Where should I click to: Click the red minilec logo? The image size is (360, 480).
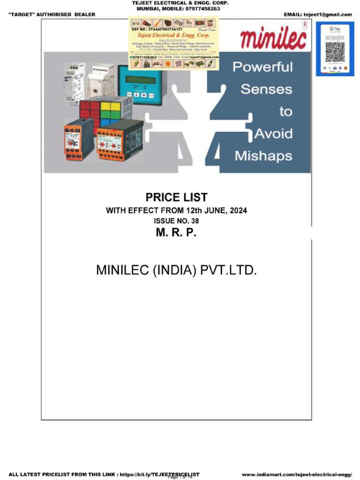point(273,38)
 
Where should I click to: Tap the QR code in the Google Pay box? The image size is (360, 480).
point(335,52)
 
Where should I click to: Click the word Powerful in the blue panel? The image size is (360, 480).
point(262,67)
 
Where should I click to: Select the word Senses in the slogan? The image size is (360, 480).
point(266,89)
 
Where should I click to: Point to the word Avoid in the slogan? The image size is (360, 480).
point(273,134)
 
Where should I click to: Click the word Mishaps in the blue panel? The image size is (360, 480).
point(263,156)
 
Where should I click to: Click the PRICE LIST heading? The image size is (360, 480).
point(176,197)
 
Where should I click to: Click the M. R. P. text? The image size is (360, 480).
point(176,232)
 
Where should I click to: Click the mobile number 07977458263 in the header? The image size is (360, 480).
point(199,8)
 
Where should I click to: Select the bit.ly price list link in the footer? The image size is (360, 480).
point(159,474)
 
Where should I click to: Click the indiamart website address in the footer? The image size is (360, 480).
point(297,474)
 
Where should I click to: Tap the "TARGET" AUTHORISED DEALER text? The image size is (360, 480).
point(52,15)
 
